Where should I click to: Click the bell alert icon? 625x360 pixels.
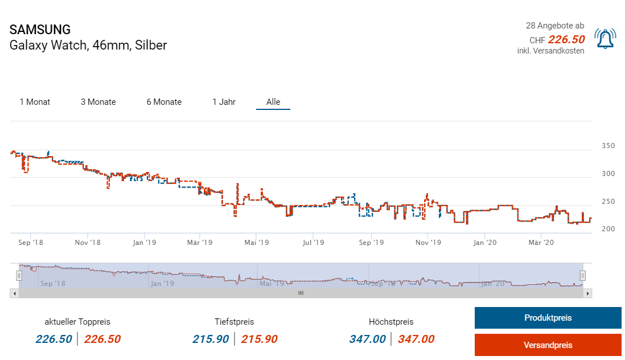point(605,39)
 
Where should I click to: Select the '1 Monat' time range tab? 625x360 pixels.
point(35,102)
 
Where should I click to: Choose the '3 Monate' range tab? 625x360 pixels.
point(98,102)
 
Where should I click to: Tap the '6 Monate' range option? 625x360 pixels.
point(164,102)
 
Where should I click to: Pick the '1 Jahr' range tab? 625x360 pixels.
point(224,102)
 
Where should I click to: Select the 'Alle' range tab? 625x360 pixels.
point(273,102)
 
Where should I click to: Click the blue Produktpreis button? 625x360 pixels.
point(548,318)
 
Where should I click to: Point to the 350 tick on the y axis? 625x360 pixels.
point(608,146)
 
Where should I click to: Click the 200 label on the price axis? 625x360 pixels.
point(608,229)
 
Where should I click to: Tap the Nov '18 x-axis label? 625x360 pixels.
point(88,243)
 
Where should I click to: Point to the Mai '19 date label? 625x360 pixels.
point(257,243)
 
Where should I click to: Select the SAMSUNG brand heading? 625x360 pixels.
point(40,30)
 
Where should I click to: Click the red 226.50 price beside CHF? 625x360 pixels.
point(566,39)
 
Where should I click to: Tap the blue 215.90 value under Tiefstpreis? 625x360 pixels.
point(211,339)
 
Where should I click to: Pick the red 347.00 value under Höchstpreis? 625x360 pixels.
point(416,339)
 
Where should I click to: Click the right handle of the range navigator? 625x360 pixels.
point(582,276)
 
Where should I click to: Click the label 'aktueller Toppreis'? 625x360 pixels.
point(77,322)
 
